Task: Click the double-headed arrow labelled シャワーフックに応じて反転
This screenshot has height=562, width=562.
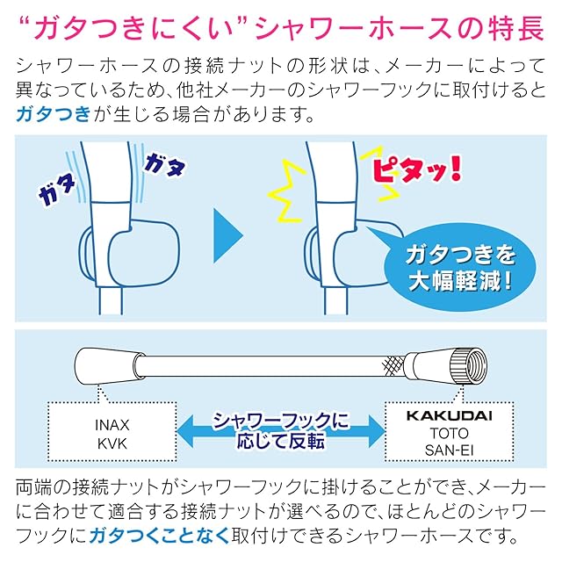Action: coord(281,429)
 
